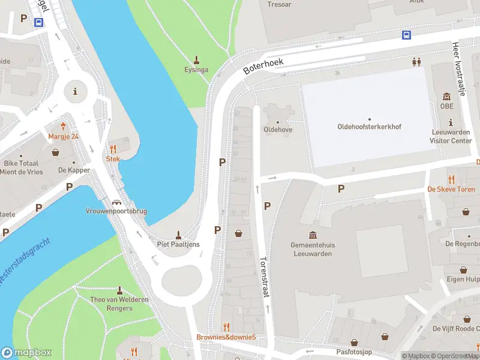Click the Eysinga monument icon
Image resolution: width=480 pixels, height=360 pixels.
tap(196, 59)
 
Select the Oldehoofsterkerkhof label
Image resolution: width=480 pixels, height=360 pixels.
tap(369, 127)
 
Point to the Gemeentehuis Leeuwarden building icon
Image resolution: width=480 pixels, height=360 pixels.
tap(312, 235)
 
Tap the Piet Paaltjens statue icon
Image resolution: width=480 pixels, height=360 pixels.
tap(178, 234)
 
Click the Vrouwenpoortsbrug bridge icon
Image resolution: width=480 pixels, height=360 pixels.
tap(116, 202)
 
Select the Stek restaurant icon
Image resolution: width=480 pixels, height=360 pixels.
tap(113, 149)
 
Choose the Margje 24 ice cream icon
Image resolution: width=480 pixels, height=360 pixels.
tap(64, 127)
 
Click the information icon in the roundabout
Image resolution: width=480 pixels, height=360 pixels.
tap(75, 91)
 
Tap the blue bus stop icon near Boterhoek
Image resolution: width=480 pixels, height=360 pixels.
tap(406, 35)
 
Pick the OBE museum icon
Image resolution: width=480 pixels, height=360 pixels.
tap(446, 97)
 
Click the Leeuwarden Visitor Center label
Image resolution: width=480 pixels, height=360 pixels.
tap(451, 137)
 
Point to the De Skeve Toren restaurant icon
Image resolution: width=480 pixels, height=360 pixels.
tap(451, 179)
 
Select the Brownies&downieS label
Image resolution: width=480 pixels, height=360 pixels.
tap(226, 337)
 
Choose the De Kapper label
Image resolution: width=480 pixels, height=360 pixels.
tap(74, 170)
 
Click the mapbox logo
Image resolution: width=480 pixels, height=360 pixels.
tap(26, 353)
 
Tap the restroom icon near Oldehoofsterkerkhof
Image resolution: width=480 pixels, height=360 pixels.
tap(416, 61)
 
